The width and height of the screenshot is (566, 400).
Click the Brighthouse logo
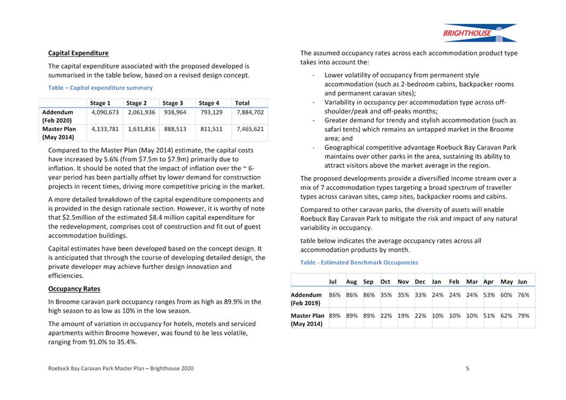479,32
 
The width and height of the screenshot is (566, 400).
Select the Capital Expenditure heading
78,53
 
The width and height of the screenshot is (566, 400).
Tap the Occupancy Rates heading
74,289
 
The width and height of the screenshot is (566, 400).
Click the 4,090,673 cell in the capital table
105,113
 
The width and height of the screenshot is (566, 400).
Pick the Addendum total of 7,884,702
250,113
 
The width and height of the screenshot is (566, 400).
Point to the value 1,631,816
141,129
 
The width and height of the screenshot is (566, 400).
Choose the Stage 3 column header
173,103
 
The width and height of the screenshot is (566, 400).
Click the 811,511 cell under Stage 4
211,129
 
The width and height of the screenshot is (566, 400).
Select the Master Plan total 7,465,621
250,129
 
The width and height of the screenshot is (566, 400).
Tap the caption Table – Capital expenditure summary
100,88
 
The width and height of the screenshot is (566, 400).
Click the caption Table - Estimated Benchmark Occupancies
359,262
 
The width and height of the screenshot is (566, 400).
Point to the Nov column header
403,282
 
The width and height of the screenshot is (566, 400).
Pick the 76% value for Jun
523,295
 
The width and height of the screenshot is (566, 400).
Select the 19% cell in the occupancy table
403,315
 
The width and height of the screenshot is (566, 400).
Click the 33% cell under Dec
420,295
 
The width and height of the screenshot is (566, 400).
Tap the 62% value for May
506,315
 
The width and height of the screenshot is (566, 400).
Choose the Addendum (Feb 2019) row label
306,299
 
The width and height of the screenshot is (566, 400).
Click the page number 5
467,368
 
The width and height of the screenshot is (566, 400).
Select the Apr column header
489,282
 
